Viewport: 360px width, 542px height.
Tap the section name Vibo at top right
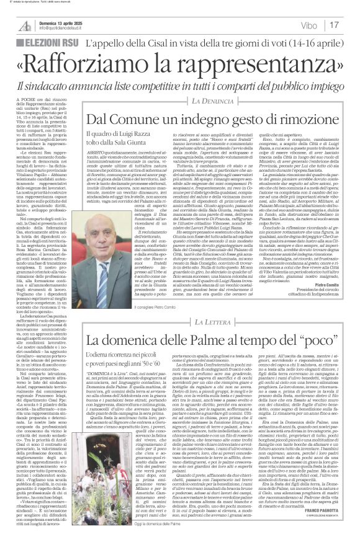click(308, 25)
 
